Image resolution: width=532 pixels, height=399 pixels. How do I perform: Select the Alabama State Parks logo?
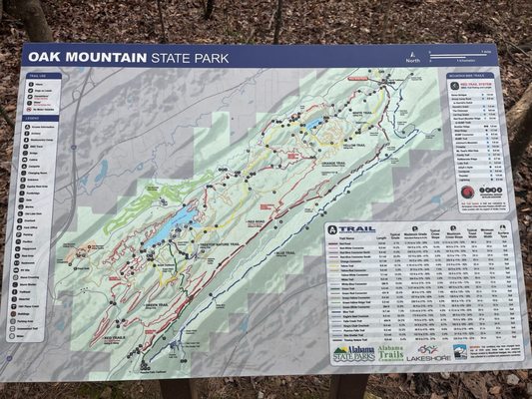pos(354,353)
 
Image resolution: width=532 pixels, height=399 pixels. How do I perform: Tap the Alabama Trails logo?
pos(391,353)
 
